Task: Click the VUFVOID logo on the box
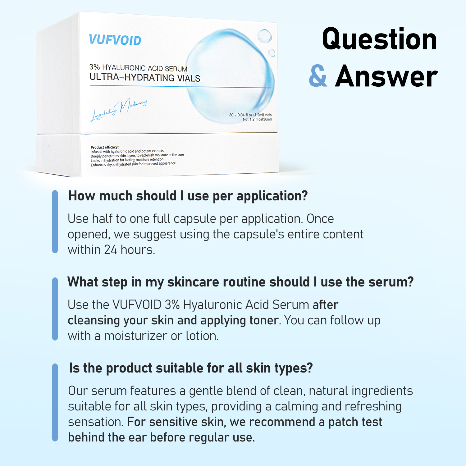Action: (115, 40)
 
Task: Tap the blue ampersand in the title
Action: (318, 76)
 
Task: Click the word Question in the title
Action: (379, 39)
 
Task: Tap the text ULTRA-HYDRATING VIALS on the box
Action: (145, 78)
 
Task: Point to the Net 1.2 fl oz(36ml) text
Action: (257, 119)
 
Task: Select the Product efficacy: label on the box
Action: (105, 147)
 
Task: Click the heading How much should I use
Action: (188, 196)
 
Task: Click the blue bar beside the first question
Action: (55, 222)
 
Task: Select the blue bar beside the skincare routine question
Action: (55, 309)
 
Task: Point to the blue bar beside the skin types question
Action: (55, 402)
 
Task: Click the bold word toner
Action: (264, 320)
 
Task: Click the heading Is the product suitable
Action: (191, 368)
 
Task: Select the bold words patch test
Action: (355, 422)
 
